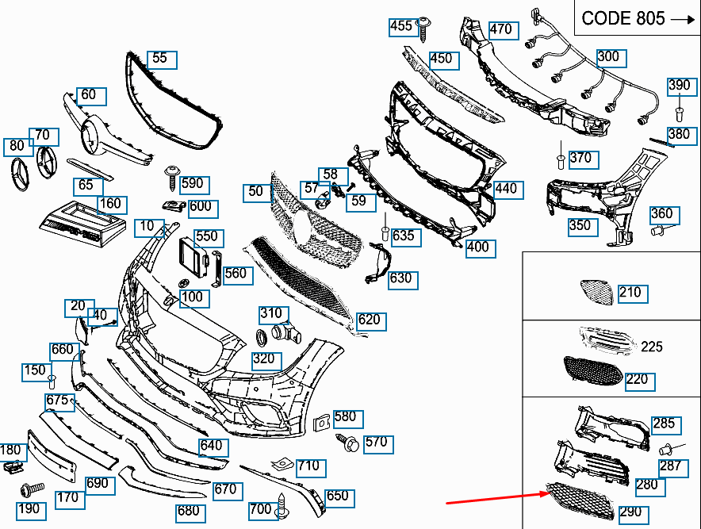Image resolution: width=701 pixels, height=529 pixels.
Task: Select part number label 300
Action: [608, 57]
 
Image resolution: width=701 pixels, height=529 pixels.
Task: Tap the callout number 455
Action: [402, 26]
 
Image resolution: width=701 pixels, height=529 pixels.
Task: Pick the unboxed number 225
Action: [651, 347]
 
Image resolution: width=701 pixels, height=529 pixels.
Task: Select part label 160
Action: [111, 204]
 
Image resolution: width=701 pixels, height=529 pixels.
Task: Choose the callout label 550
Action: [206, 236]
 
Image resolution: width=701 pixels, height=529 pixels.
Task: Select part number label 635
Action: [403, 236]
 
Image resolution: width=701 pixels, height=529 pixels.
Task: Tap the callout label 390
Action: [679, 86]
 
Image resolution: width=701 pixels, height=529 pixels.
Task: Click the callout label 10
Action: [147, 226]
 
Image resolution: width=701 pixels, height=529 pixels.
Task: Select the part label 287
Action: [670, 466]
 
